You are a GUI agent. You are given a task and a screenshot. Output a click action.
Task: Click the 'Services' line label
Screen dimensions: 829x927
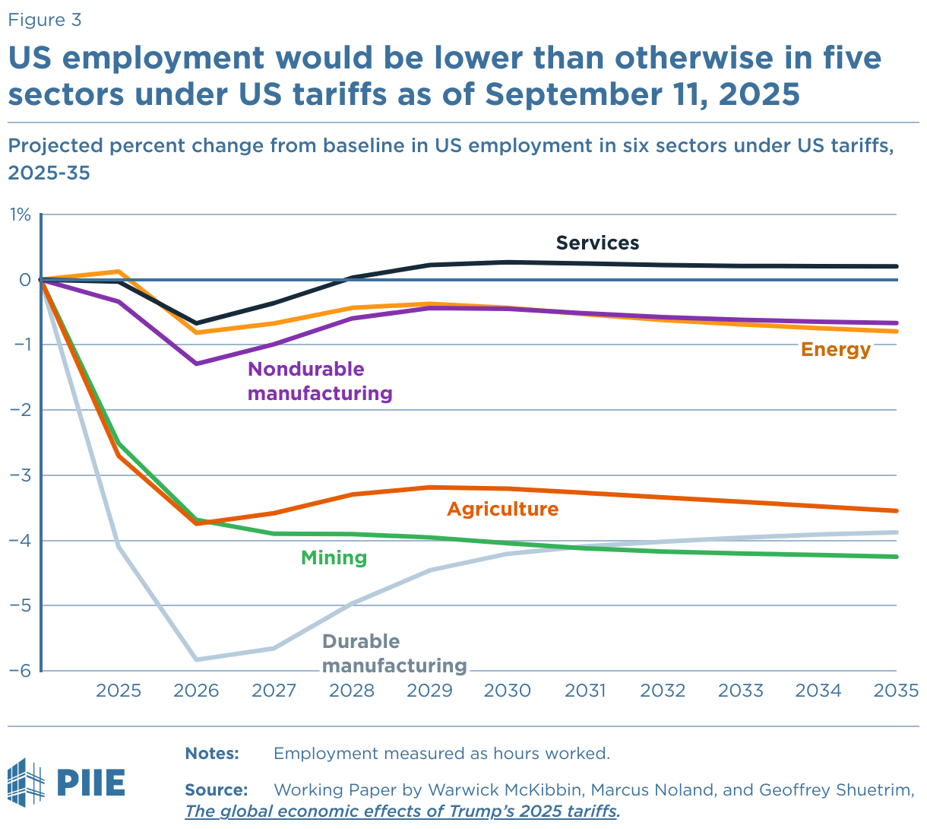597,243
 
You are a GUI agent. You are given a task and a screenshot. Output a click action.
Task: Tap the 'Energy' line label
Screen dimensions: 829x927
835,349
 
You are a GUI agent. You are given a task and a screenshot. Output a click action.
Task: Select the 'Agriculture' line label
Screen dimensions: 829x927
502,509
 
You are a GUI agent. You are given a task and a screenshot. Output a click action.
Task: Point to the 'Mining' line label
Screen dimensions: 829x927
334,557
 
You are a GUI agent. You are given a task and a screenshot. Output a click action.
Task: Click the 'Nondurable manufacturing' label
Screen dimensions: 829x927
320,381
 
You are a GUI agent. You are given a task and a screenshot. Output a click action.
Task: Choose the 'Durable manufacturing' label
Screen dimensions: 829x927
394,653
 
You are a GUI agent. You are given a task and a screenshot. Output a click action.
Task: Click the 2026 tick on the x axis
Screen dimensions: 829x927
196,691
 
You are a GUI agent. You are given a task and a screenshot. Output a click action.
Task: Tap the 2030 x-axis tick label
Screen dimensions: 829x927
508,691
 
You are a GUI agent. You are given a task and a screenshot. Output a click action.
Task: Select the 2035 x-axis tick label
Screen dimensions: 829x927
896,691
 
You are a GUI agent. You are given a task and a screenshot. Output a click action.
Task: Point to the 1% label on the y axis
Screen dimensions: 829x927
20,215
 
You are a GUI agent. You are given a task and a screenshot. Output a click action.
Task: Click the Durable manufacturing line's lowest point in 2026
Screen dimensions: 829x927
196,659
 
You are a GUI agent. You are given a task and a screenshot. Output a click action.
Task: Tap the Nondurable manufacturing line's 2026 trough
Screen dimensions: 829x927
196,364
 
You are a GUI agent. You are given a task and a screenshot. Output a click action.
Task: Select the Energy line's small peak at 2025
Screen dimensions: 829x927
119,272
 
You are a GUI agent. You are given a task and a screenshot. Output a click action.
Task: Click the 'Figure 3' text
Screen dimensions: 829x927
44,20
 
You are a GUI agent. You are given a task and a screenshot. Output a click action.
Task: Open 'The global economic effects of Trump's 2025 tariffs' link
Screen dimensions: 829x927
401,811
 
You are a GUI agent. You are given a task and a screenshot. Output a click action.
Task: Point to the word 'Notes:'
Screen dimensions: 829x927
212,754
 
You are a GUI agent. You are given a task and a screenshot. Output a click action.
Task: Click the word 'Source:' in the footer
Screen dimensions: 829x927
217,789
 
